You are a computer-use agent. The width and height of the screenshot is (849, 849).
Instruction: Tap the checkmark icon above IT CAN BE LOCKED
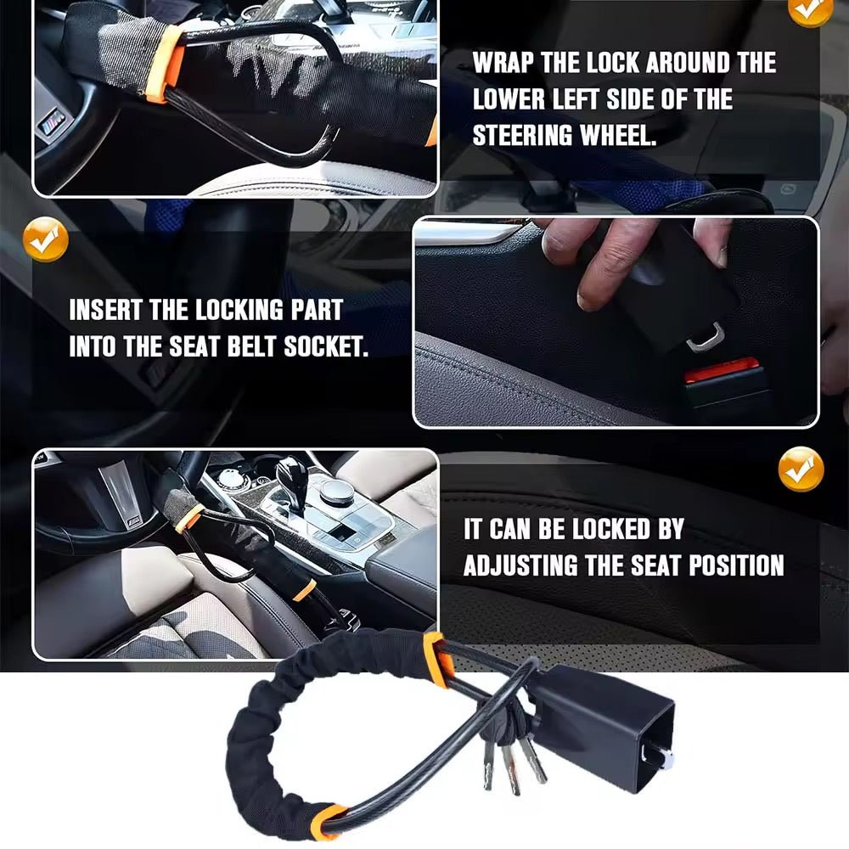point(801,469)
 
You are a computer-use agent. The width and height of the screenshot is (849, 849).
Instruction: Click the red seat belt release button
point(722,370)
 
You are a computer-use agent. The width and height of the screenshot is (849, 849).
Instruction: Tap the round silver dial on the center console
point(337,491)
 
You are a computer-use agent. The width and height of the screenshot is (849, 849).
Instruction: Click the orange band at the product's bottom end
point(327,822)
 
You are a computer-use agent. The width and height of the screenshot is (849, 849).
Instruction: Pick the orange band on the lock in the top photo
point(166,63)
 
